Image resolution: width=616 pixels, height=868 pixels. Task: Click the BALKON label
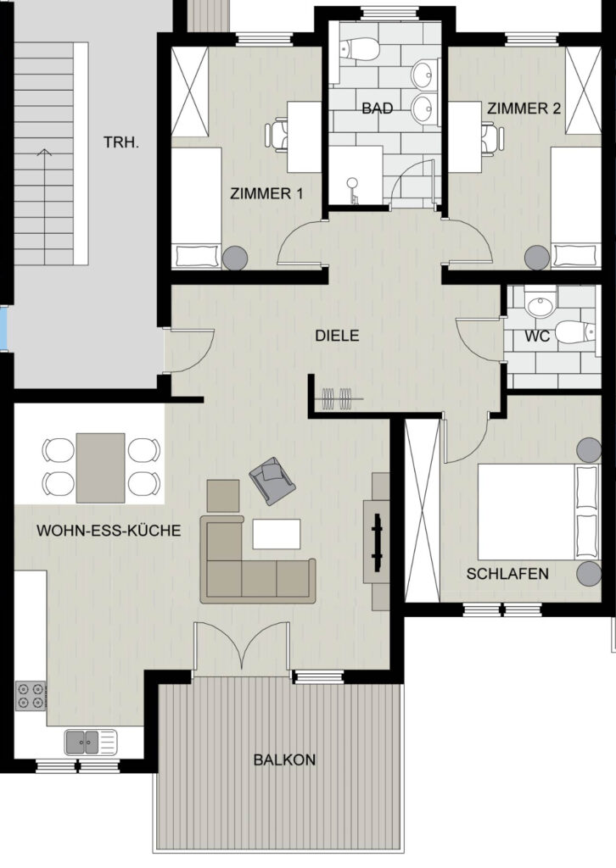point(284,759)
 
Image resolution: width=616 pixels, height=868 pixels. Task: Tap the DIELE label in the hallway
point(337,336)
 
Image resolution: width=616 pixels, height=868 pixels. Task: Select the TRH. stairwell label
point(121,142)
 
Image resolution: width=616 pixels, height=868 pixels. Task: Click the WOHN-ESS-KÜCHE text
point(109,531)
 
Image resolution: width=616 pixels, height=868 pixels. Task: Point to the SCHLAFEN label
point(507,574)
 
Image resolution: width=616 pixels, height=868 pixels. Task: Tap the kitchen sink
point(91,743)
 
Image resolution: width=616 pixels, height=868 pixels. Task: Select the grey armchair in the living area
point(272,481)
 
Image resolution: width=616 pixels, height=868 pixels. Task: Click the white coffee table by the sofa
point(277,534)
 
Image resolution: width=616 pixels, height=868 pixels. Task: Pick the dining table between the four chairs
point(100,468)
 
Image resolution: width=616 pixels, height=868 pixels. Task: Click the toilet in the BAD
point(359,48)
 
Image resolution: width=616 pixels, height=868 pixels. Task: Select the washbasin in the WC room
point(540,305)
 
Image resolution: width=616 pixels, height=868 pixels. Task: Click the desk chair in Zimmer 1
point(277,136)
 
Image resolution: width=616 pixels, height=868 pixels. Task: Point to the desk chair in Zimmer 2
point(492,137)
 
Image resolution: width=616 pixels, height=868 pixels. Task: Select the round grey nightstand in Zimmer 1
point(235,258)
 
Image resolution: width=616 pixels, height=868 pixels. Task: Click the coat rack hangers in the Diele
point(338,398)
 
